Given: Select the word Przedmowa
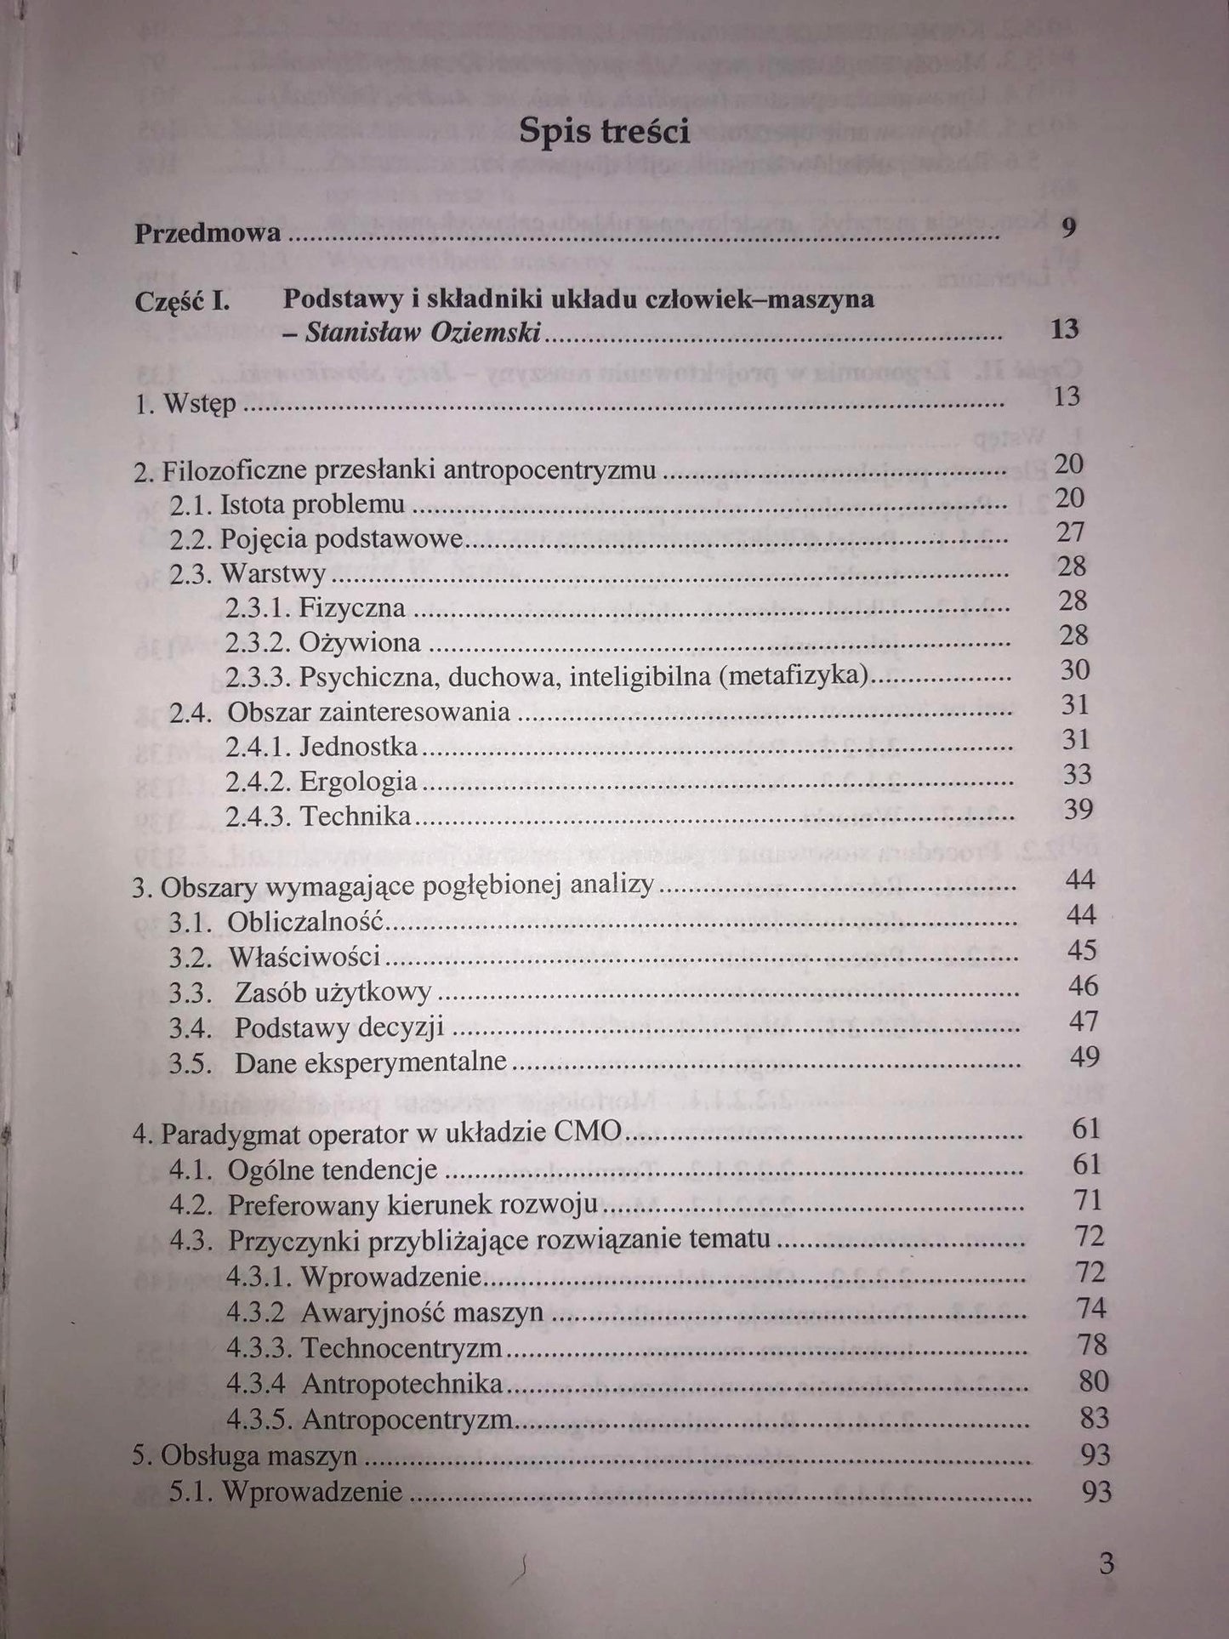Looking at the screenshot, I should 208,232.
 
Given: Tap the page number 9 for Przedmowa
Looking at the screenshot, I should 1069,227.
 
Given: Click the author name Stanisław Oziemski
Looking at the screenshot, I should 423,333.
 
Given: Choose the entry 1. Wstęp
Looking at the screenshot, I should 185,403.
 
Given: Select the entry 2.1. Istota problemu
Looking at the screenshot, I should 287,504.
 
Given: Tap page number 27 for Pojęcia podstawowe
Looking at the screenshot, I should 1071,532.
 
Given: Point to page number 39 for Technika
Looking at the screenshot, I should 1078,808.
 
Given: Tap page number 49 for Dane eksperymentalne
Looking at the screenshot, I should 1083,1056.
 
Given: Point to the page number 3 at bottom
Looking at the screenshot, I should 1106,1563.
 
